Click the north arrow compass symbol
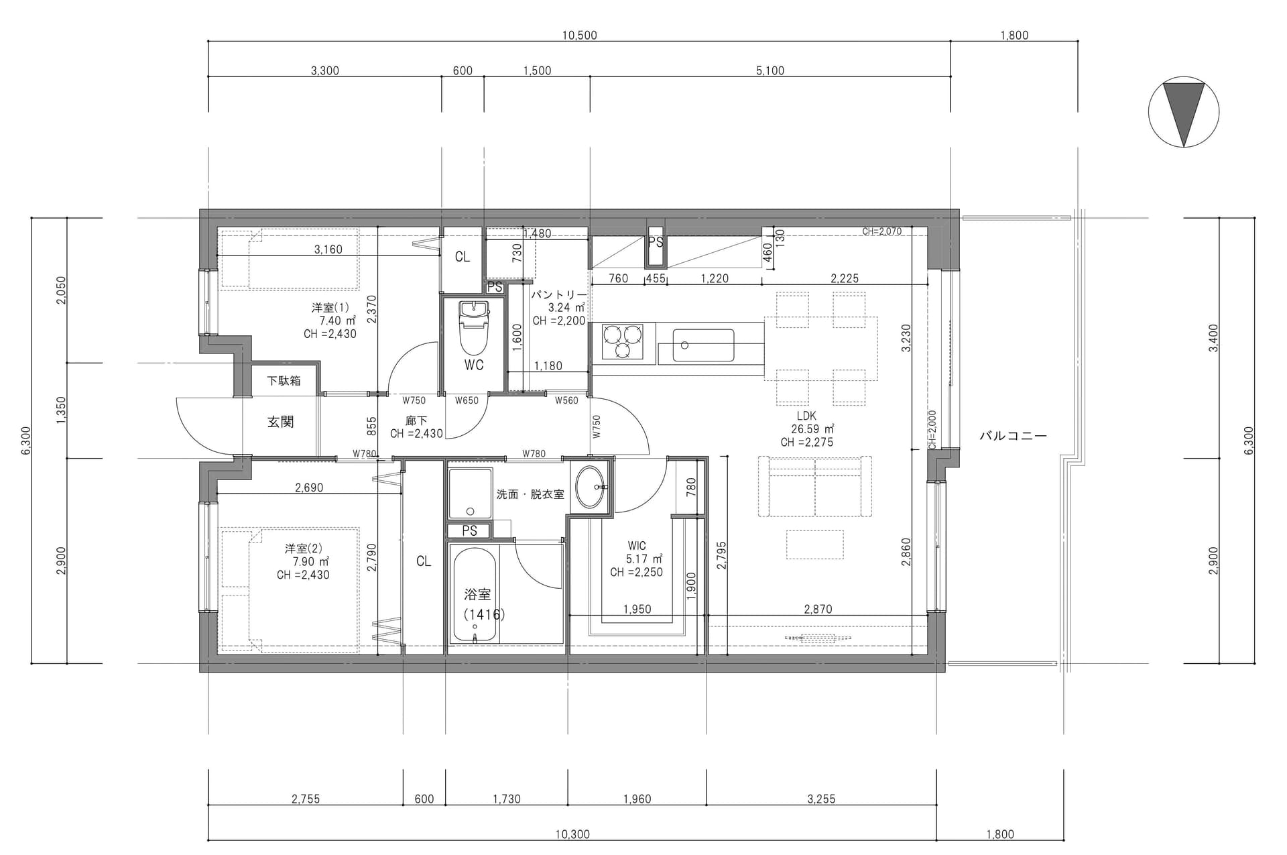coord(1184,112)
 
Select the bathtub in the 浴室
coord(475,594)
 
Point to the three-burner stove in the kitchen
coord(622,341)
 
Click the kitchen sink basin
coord(703,345)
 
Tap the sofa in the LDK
coord(815,486)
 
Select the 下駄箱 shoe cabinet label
coord(284,381)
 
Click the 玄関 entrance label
coord(281,422)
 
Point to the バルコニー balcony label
coord(1013,436)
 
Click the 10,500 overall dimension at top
coord(579,36)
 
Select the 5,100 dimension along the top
coord(770,70)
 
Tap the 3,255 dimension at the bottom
coord(821,799)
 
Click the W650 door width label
coord(467,400)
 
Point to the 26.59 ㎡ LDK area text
coord(812,429)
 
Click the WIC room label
coord(637,546)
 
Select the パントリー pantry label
coord(559,294)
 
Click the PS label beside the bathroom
coord(470,530)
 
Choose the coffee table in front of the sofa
coord(815,545)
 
